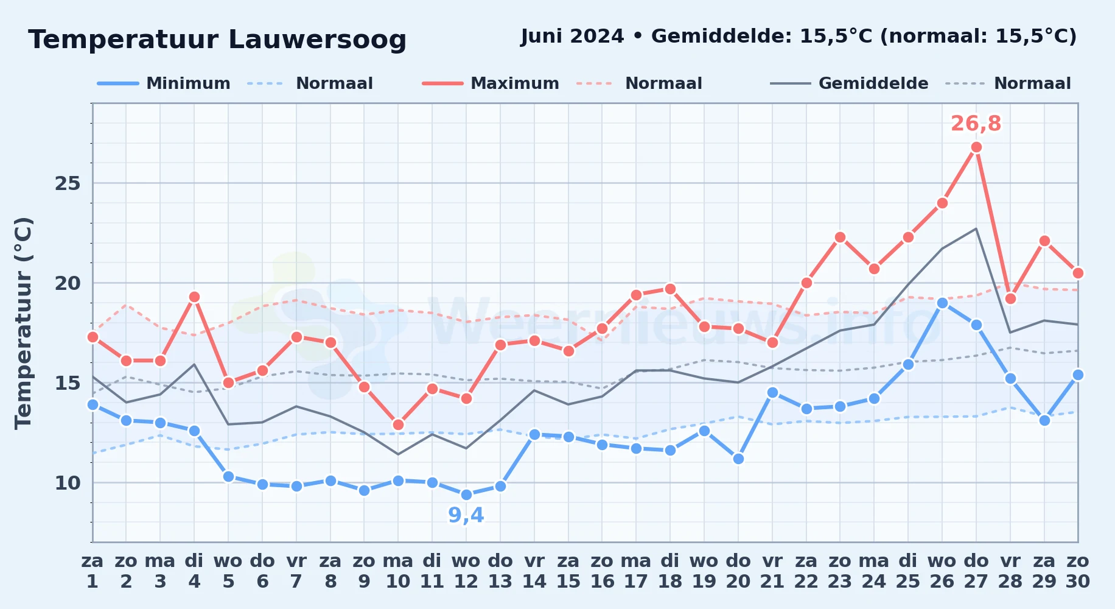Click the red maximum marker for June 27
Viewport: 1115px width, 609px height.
click(x=976, y=147)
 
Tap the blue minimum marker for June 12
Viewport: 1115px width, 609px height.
click(x=466, y=495)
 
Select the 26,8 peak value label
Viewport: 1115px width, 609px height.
click(x=976, y=124)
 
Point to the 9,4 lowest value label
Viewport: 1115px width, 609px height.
click(x=466, y=515)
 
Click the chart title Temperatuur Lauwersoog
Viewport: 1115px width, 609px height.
click(x=217, y=40)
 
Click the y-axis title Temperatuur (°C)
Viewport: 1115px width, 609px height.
click(x=23, y=323)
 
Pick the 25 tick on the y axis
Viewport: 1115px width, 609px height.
click(x=68, y=183)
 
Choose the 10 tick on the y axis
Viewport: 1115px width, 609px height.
click(x=68, y=483)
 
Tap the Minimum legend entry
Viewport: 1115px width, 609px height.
click(x=164, y=83)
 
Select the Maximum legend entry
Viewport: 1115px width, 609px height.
click(x=491, y=83)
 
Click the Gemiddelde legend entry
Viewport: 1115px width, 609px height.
click(x=849, y=83)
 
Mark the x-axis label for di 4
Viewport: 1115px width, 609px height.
click(x=194, y=571)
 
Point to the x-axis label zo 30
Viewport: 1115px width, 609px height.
click(x=1078, y=571)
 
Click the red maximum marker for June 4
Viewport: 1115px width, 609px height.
click(x=194, y=297)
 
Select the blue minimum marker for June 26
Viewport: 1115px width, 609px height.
click(x=942, y=303)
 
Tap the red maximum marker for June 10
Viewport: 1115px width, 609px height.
click(x=398, y=425)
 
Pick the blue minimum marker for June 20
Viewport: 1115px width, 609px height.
click(x=738, y=459)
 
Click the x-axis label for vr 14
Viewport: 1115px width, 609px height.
click(x=534, y=571)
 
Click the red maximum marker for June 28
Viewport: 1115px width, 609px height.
click(x=1010, y=299)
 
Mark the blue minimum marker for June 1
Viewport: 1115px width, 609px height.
click(x=93, y=404)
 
